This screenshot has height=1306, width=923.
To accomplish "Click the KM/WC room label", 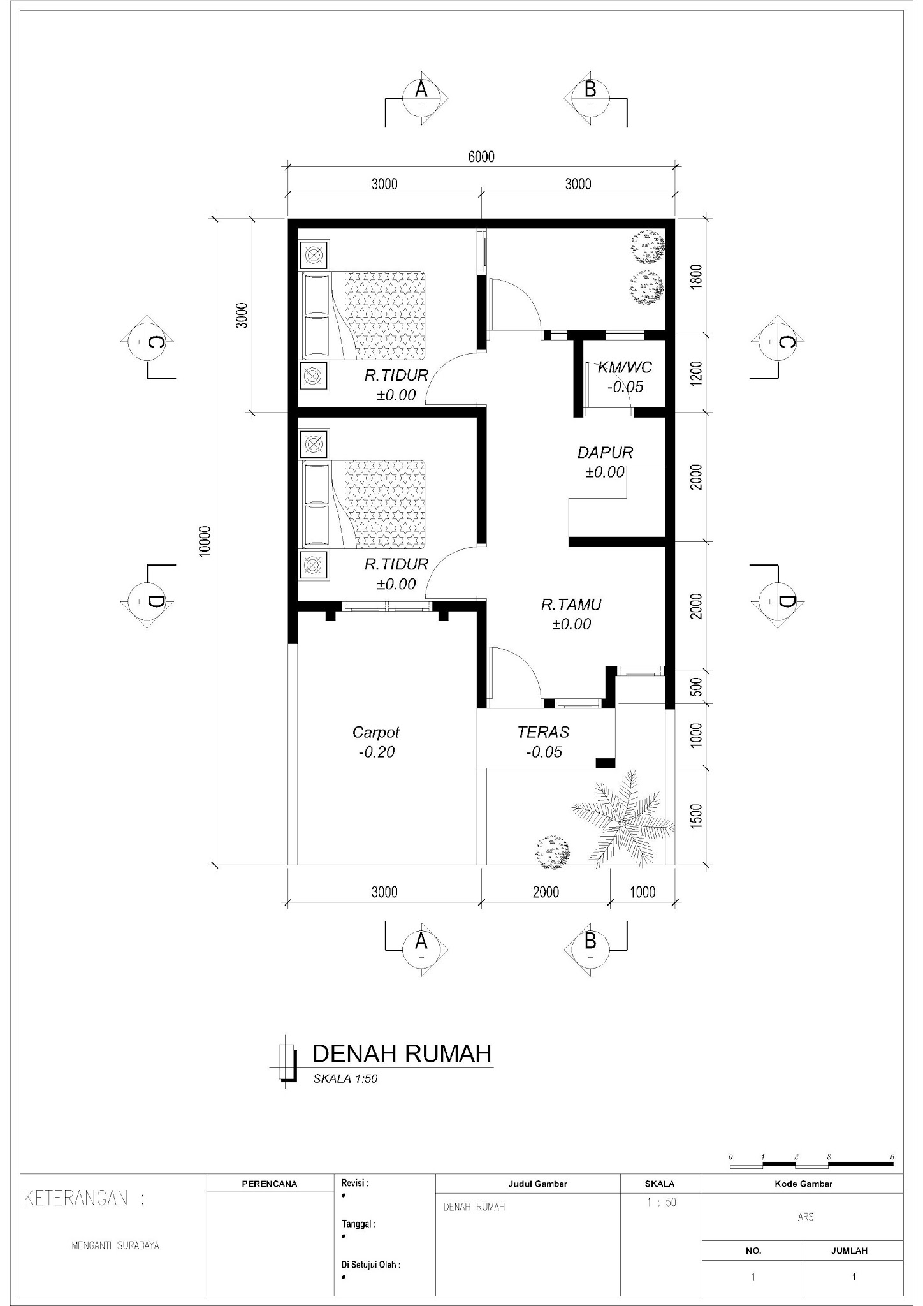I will point(625,368).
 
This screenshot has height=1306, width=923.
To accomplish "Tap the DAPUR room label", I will point(605,453).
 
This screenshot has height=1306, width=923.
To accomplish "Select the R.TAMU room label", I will point(571,605).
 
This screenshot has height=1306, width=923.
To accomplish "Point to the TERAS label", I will point(543,733).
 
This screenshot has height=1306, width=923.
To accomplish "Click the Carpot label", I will point(376,733).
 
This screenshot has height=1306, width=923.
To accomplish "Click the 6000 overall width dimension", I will point(481,157).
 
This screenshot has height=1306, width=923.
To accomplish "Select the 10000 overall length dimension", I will point(205,541).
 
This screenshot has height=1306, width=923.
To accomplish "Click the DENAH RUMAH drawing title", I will point(402,1054).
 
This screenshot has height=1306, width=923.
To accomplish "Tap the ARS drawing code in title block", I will point(805,1217).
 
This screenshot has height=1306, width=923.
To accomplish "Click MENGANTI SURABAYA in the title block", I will point(115,1245).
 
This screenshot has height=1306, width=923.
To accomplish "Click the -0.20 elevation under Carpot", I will point(376,752).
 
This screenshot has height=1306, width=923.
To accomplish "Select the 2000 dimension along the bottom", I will point(546,892).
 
